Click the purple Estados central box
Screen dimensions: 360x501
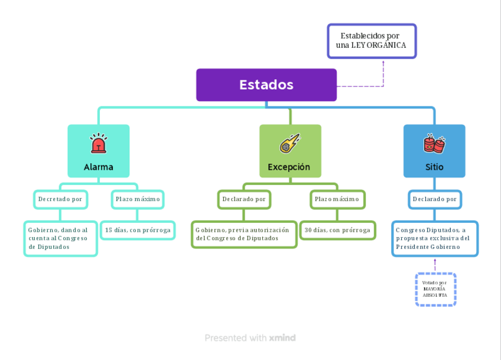pyautogui.click(x=266, y=85)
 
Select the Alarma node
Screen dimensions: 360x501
pyautogui.click(x=99, y=151)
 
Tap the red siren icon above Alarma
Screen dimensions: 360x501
pyautogui.click(x=98, y=144)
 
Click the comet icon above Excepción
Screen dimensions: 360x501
pyautogui.click(x=289, y=144)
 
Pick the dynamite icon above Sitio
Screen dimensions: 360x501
pyautogui.click(x=434, y=143)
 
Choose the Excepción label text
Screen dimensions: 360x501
pyautogui.click(x=289, y=167)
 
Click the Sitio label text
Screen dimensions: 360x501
pyautogui.click(x=434, y=167)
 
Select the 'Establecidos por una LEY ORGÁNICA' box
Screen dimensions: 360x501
pyautogui.click(x=372, y=41)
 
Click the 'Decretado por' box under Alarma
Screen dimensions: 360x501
pyautogui.click(x=60, y=199)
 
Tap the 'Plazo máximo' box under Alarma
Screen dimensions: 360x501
pyautogui.click(x=137, y=199)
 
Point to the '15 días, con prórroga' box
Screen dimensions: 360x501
pyautogui.click(x=138, y=230)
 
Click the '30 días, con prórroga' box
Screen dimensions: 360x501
pyautogui.click(x=337, y=230)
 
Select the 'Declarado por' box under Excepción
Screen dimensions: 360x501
pyautogui.click(x=244, y=199)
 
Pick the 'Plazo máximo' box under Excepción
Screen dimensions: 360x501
pyautogui.click(x=337, y=199)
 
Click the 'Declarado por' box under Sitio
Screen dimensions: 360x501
pyautogui.click(x=434, y=199)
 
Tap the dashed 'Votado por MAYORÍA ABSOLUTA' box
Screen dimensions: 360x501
pyautogui.click(x=435, y=289)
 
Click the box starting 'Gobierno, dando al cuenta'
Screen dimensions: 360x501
pyautogui.click(x=60, y=238)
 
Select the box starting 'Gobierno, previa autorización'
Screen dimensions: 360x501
pyautogui.click(x=244, y=234)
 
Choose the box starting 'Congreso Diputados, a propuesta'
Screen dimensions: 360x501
pyautogui.click(x=434, y=238)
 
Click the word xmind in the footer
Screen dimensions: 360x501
pyautogui.click(x=282, y=338)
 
